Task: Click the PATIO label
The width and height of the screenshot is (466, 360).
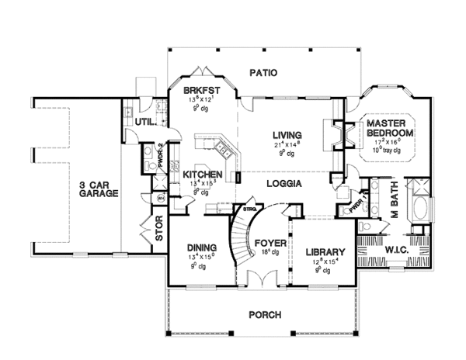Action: point(263,73)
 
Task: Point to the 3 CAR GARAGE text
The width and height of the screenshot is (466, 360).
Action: point(98,189)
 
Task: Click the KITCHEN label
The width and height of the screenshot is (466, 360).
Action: point(203,175)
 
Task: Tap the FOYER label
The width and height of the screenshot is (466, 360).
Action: point(269,242)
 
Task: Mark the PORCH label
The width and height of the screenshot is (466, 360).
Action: point(264,314)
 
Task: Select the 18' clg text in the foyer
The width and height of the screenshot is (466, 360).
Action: point(268,251)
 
